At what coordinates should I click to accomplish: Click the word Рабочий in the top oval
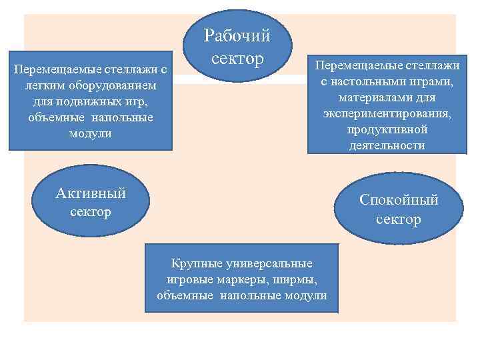[x=237, y=35]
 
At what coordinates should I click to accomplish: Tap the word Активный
[x=91, y=194]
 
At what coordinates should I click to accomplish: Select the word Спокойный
[x=399, y=200]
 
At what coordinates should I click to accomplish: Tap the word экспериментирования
[x=387, y=113]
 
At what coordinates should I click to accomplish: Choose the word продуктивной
[x=387, y=129]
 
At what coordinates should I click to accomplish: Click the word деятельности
[x=387, y=145]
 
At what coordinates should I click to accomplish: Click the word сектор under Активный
[x=91, y=212]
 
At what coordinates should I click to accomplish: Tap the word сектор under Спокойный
[x=399, y=219]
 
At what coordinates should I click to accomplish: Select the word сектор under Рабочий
[x=238, y=59]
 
